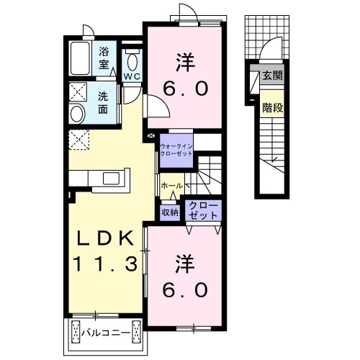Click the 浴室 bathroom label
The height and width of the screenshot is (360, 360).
(x=104, y=58)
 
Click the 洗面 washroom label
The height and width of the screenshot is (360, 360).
(x=104, y=103)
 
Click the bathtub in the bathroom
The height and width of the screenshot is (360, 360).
(x=80, y=58)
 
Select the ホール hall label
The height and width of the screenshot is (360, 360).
(x=171, y=186)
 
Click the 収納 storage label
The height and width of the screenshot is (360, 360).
(x=169, y=212)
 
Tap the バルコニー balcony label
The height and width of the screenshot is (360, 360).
(x=105, y=333)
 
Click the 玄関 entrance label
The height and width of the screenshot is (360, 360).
(x=271, y=76)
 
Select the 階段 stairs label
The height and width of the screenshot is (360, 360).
(x=271, y=107)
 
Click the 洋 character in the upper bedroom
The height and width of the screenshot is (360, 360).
(x=182, y=62)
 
